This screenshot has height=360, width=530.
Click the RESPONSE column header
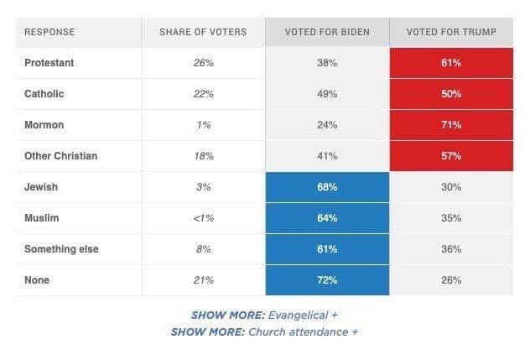[x=49, y=32]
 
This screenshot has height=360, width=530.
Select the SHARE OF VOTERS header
[x=203, y=32]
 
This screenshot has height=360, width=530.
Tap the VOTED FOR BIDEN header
[x=327, y=32]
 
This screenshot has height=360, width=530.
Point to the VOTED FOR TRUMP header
[x=451, y=32]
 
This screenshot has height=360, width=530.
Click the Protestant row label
[x=49, y=63]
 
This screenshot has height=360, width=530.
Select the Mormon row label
[x=44, y=125]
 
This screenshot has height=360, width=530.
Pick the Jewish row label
[x=42, y=187]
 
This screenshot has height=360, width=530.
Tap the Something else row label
[x=61, y=249]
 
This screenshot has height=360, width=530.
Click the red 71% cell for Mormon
[x=451, y=125]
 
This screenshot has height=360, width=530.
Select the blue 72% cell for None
[x=327, y=280]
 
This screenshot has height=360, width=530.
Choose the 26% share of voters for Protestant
[x=203, y=63]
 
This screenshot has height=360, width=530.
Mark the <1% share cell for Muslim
[x=203, y=218]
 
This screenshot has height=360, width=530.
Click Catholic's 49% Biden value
[x=327, y=94]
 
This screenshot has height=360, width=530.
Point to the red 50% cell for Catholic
[x=451, y=94]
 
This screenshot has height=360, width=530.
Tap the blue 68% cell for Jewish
[x=327, y=187]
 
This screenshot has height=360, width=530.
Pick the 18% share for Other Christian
[x=203, y=156]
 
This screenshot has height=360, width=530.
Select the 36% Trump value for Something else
[x=451, y=249]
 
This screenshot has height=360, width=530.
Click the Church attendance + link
[x=302, y=331]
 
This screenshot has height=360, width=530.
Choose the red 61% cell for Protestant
[x=451, y=63]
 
